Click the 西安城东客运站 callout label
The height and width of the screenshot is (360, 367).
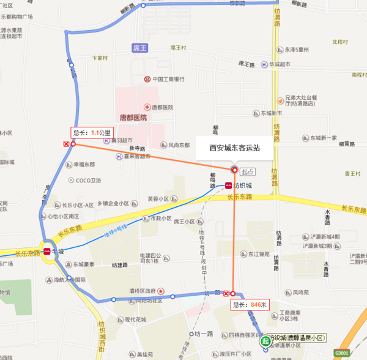pyautogui.click(x=234, y=148)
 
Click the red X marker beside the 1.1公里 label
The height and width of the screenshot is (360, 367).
pyautogui.click(x=66, y=144)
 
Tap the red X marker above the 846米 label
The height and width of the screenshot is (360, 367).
pyautogui.click(x=226, y=293)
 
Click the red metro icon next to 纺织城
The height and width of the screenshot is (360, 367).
pyautogui.click(x=228, y=184)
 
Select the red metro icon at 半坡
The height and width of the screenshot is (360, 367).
pyautogui.click(x=46, y=251)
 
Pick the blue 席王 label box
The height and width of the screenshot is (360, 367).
pyautogui.click(x=140, y=47)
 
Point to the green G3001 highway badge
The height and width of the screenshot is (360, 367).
pyautogui.click(x=342, y=353)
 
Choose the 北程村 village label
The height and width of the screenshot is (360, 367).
pyautogui.click(x=340, y=42)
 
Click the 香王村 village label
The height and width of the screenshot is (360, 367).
pyautogui.click(x=353, y=174)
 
